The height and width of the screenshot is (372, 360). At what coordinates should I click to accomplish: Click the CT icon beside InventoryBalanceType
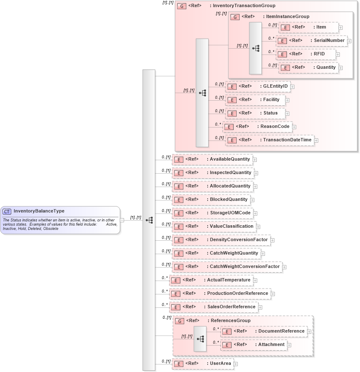tap(7, 211)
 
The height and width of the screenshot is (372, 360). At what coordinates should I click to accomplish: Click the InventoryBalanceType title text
tap(39, 211)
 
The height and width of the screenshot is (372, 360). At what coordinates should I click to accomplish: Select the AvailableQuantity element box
tap(212, 159)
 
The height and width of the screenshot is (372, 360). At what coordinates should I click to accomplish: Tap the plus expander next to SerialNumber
tap(349, 41)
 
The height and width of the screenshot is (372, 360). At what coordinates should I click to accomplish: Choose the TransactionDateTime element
tap(270, 140)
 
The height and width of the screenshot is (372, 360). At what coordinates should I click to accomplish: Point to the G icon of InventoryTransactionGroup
tap(182, 6)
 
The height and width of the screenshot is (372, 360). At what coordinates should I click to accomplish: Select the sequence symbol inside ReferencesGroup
tap(200, 338)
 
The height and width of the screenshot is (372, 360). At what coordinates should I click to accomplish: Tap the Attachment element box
tap(254, 345)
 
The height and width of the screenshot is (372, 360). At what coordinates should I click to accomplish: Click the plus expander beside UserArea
tap(236, 364)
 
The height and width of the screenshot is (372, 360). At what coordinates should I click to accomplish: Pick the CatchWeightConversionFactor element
tap(227, 267)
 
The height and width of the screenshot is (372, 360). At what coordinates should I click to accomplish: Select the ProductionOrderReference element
tap(220, 294)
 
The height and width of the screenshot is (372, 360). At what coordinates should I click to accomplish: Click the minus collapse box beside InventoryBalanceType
tap(122, 220)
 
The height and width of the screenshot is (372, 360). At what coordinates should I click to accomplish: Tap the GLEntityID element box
tap(258, 86)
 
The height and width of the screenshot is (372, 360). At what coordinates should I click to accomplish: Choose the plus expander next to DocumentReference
tap(309, 331)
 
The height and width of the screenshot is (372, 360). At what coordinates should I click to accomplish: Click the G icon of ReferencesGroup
tap(180, 321)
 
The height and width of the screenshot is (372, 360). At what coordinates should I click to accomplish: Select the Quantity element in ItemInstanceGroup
tap(308, 68)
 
